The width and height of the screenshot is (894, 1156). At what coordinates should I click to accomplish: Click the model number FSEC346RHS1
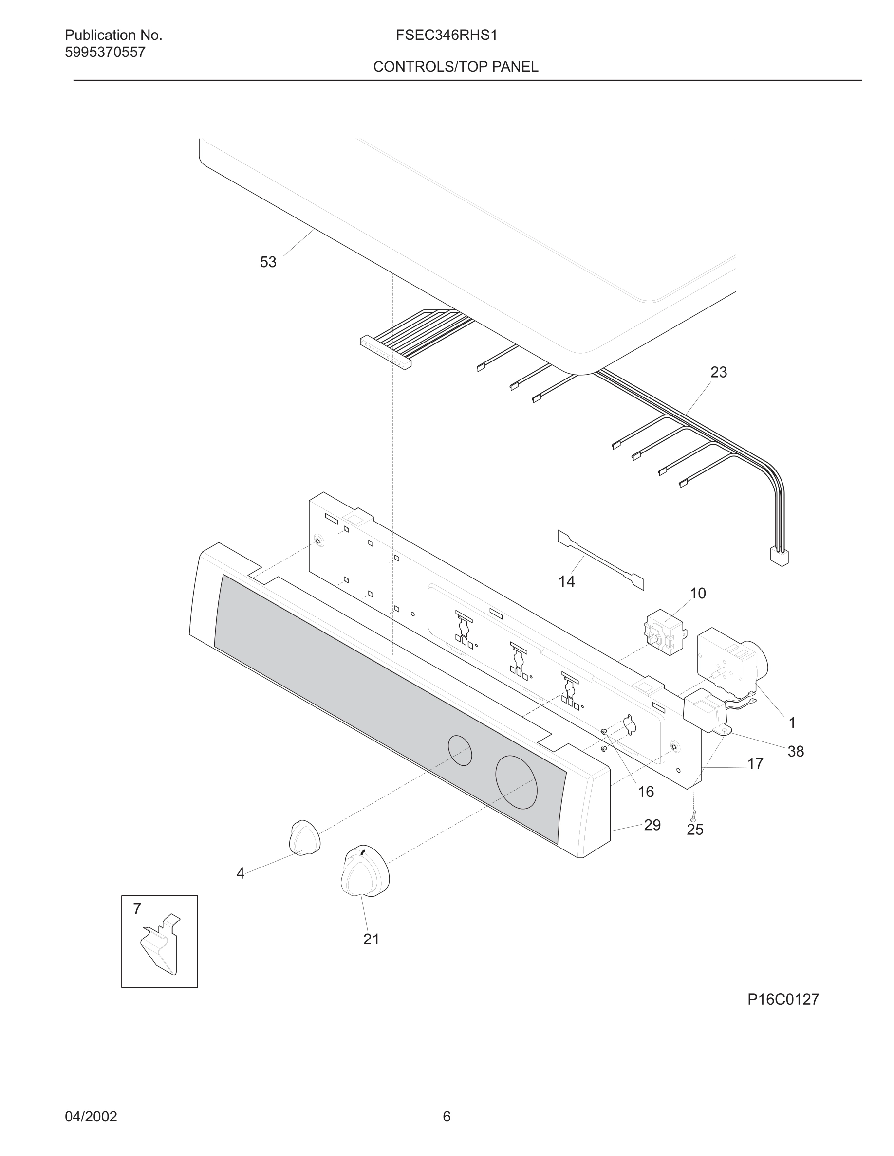(x=446, y=36)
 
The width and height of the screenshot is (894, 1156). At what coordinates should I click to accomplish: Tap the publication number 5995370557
(x=105, y=53)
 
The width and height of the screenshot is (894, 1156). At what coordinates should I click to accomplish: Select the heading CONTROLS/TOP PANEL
(x=455, y=67)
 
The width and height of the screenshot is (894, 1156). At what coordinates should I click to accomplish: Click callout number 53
(x=268, y=262)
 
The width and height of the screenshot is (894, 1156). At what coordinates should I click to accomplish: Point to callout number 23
(x=718, y=373)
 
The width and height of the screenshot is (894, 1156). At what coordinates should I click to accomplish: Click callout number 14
(x=566, y=582)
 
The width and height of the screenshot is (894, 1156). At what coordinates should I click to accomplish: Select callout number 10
(x=697, y=594)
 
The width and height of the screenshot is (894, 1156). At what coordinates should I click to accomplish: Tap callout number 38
(x=796, y=751)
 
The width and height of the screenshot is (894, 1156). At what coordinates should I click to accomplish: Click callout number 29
(x=652, y=825)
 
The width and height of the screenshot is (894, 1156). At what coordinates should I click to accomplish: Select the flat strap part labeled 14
(x=600, y=560)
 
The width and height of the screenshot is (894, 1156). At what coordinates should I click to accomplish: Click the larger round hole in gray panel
(x=516, y=782)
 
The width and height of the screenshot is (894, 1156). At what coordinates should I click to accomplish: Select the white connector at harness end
(x=779, y=557)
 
